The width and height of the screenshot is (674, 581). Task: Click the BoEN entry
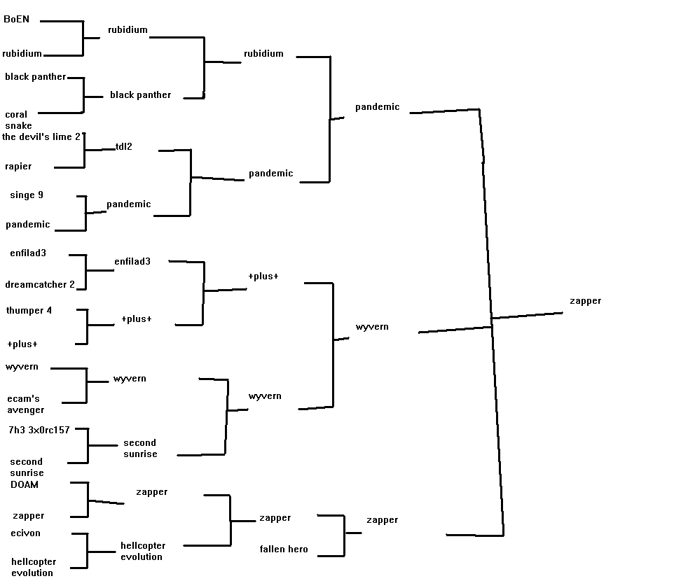pos(17,20)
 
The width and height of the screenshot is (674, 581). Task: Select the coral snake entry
pos(18,120)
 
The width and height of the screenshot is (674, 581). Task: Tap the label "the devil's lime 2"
pos(41,136)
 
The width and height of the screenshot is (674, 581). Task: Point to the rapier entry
pos(18,167)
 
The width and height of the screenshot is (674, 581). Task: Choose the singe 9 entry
pos(27,195)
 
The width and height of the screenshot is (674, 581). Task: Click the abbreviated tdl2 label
pos(124,147)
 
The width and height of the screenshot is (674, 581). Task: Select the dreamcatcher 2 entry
pos(40,285)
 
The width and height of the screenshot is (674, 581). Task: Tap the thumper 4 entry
pos(29,311)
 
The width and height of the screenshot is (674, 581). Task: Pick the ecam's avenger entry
pos(25,405)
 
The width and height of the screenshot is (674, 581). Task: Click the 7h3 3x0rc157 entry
pos(39,430)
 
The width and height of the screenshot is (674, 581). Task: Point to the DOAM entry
pos(25,484)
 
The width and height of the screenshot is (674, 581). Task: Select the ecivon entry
pos(25,533)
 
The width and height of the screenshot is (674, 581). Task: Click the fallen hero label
pos(284,549)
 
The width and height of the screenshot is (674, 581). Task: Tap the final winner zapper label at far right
pos(585,301)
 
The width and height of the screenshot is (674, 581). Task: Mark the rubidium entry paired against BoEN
pos(22,54)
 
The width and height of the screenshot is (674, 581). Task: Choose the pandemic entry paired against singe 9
pos(28,225)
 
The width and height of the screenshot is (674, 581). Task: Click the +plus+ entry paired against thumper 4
pos(22,344)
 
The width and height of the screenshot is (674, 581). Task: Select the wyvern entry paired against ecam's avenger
pos(22,367)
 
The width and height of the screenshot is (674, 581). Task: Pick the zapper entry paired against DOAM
pos(28,516)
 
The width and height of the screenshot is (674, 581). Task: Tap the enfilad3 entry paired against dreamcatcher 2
pos(28,253)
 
